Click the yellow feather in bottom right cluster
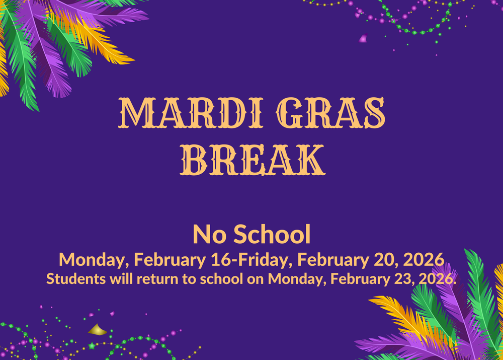pyautogui.click(x=397, y=312)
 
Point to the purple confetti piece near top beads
pyautogui.click(x=363, y=38)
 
